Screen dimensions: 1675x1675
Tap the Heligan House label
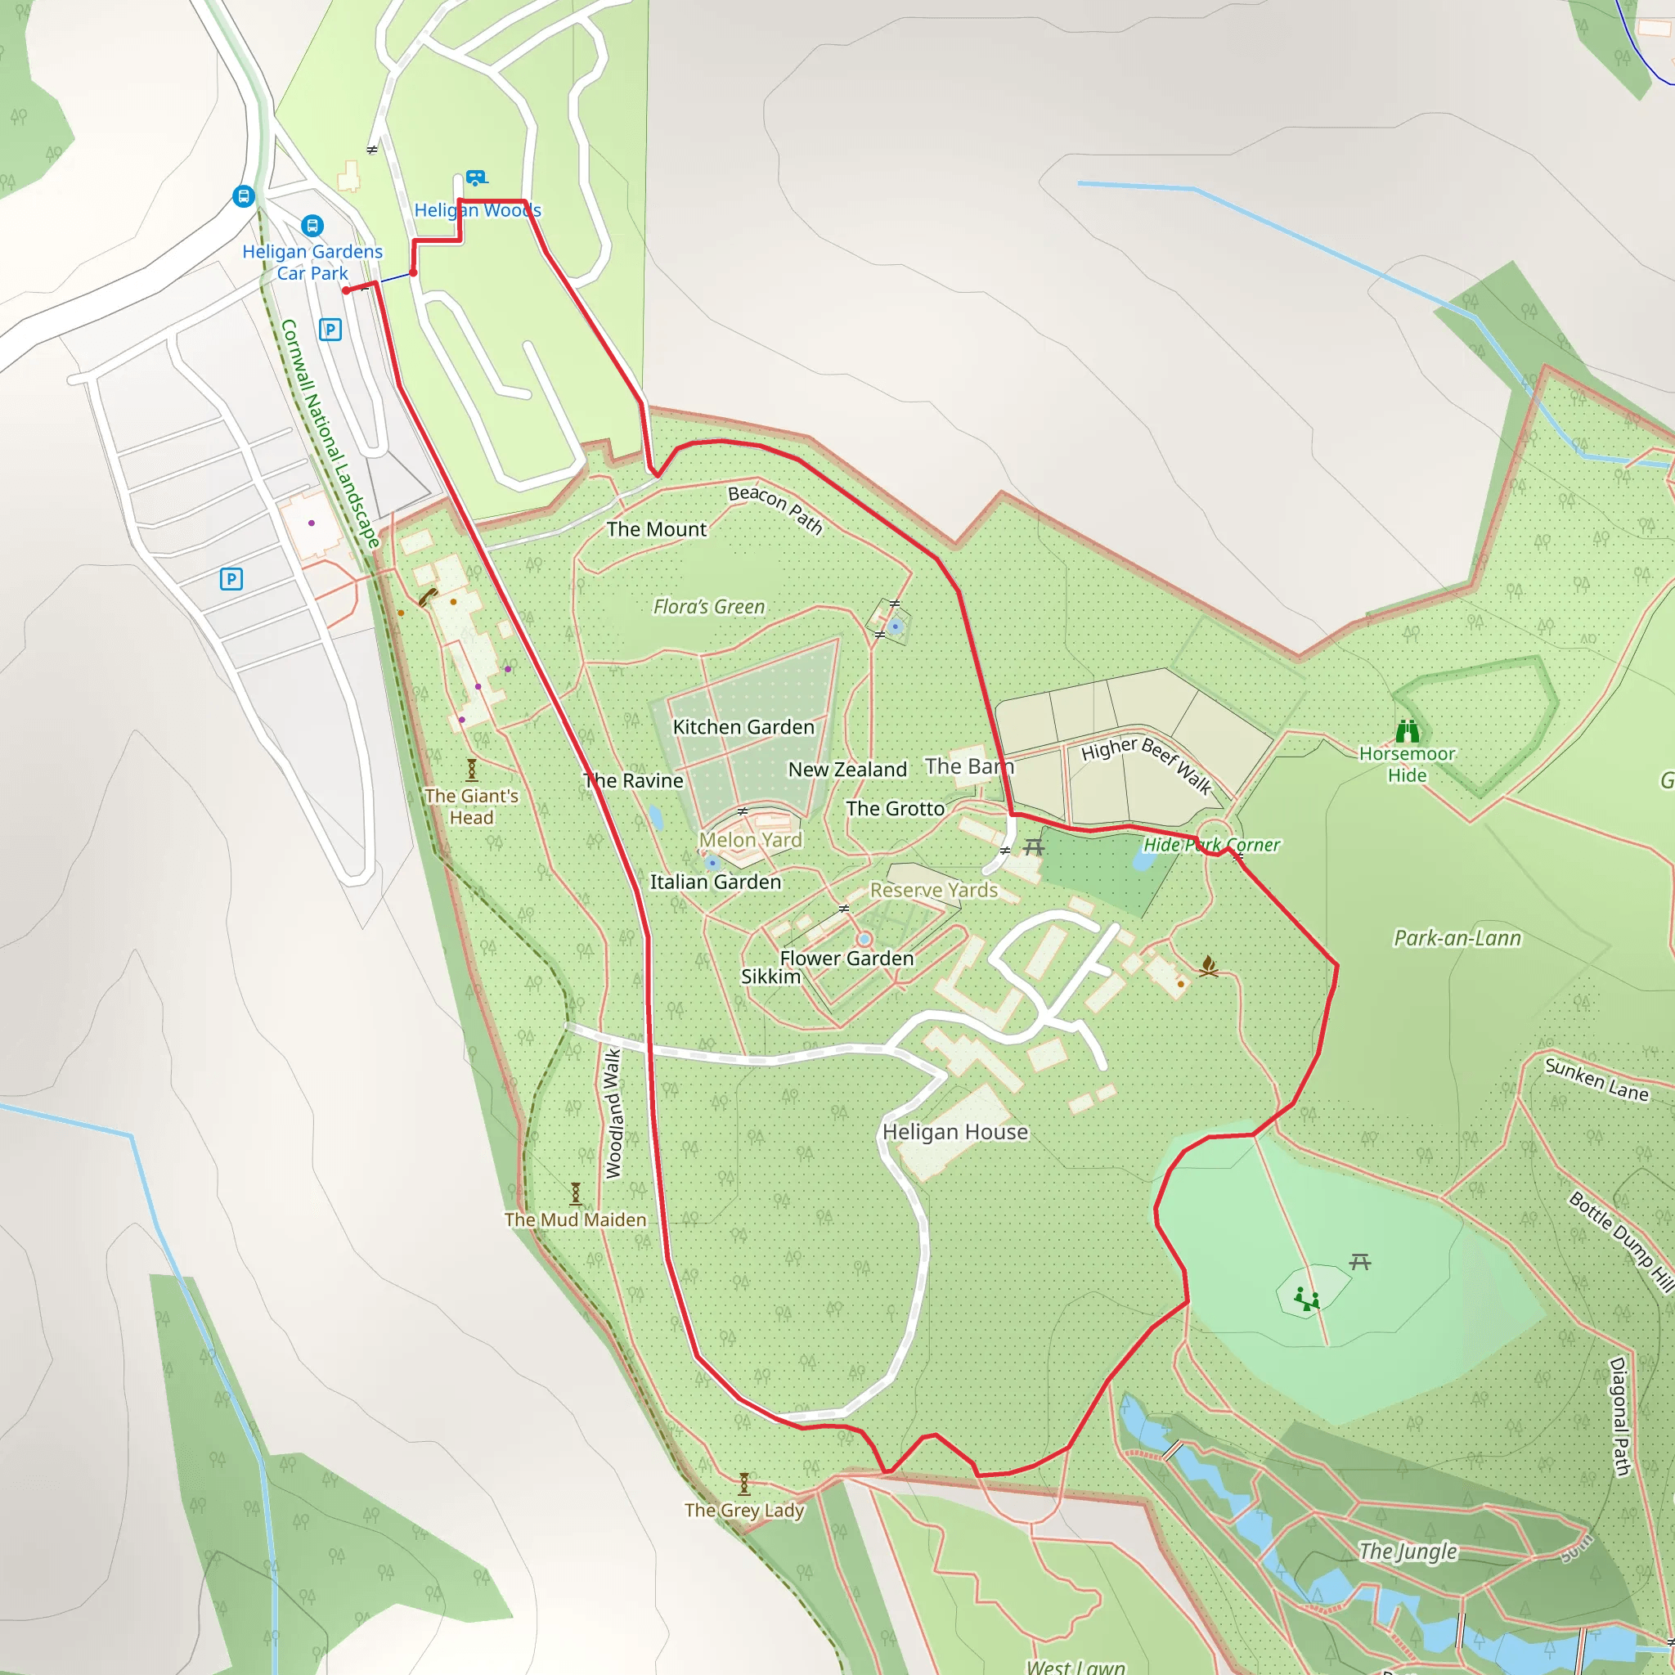[x=954, y=1131]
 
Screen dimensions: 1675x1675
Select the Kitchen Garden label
[x=744, y=726]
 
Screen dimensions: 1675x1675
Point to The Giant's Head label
[x=471, y=806]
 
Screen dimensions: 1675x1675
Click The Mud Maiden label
[x=576, y=1219]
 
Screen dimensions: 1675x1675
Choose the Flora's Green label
[x=709, y=607]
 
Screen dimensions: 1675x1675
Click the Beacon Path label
[x=775, y=509]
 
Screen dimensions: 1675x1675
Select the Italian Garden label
[x=716, y=882]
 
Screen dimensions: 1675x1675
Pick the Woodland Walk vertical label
[x=613, y=1113]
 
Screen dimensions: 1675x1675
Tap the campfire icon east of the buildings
[x=1208, y=966]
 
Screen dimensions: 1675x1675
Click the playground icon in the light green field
[x=1306, y=1298]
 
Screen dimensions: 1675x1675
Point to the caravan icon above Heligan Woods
[x=475, y=177]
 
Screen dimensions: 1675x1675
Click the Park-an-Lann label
[x=1457, y=938]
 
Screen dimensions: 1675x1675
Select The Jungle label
[x=1408, y=1550]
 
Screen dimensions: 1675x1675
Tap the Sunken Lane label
[x=1596, y=1080]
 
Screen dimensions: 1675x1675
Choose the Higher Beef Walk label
[x=1146, y=763]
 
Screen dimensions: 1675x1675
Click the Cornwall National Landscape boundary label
[x=330, y=433]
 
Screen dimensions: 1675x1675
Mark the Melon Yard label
[x=751, y=839]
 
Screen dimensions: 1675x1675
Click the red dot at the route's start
[x=346, y=290]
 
